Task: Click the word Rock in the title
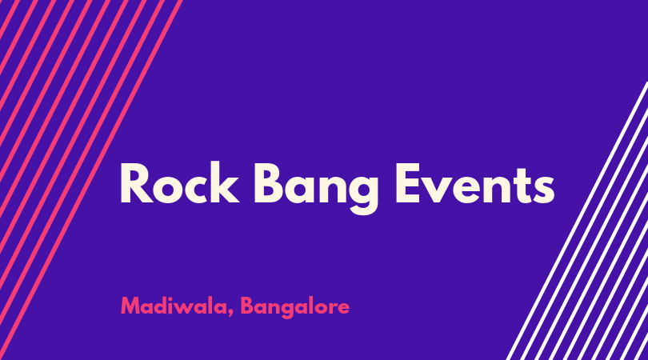180,182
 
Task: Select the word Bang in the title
316,188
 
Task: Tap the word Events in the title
475,183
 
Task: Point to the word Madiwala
174,306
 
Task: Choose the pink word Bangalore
295,307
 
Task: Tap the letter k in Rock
226,182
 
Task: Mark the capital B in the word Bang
269,183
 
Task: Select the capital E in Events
409,183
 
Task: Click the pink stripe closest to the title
90,180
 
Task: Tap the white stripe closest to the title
577,221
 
